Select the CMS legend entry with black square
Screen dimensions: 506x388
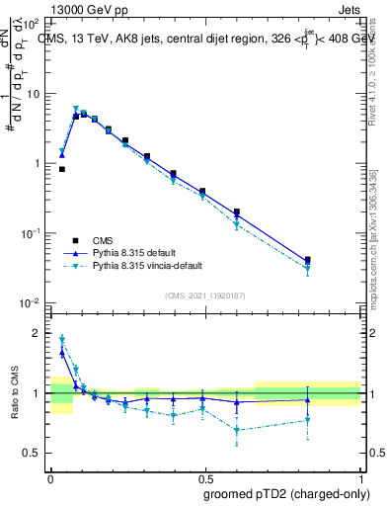pos(75,240)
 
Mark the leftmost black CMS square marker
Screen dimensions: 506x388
pos(62,169)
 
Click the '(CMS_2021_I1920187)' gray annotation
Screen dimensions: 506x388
pos(204,294)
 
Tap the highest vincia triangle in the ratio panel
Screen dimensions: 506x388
pos(62,338)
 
